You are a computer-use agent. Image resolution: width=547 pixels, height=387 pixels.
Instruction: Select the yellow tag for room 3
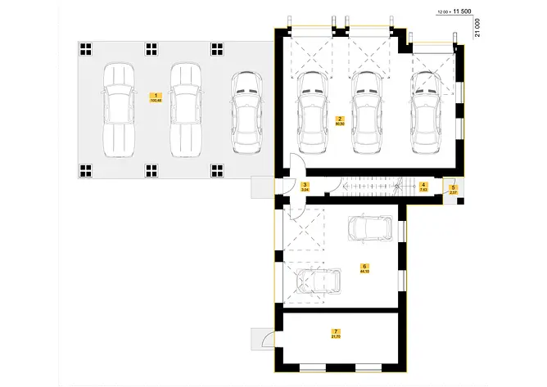[305, 186]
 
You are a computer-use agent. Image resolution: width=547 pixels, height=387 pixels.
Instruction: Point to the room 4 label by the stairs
[423, 186]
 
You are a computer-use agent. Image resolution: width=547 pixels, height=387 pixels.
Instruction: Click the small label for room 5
[453, 188]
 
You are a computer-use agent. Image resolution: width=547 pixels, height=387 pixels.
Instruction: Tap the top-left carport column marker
[86, 48]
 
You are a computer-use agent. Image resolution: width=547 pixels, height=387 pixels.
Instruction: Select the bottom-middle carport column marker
[152, 170]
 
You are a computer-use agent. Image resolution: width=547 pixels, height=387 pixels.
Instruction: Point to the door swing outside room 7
[264, 340]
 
